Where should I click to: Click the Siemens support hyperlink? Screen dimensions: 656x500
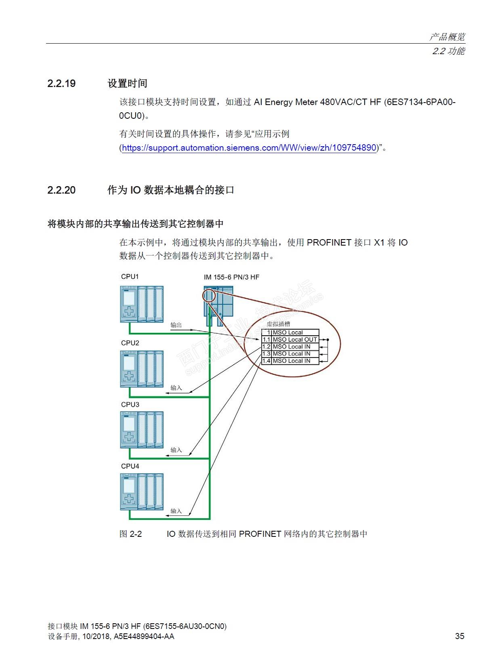(x=249, y=148)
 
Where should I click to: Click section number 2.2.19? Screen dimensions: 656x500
(x=61, y=84)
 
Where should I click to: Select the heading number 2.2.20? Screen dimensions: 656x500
(x=61, y=190)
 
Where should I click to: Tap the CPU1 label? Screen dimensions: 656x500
(x=130, y=277)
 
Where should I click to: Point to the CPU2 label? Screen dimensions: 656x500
(x=130, y=343)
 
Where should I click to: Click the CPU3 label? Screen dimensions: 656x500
(x=130, y=404)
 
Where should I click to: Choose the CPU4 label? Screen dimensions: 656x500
(x=130, y=466)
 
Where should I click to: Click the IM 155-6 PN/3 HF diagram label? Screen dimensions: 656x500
(x=231, y=277)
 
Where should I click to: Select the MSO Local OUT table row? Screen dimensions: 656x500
(x=294, y=340)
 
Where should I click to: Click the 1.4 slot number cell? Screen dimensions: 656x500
(x=266, y=361)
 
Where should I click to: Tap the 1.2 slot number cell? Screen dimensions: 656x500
(x=266, y=347)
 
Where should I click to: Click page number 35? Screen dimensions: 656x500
(x=460, y=636)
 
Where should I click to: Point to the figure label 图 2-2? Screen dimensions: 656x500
(x=130, y=534)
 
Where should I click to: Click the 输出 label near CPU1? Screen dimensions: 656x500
(x=176, y=325)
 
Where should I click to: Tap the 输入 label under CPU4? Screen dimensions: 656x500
(x=176, y=511)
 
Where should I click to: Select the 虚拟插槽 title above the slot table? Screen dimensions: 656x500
(x=278, y=324)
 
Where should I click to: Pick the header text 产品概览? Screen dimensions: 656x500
(x=447, y=37)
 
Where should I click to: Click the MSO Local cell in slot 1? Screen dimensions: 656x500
(x=288, y=332)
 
